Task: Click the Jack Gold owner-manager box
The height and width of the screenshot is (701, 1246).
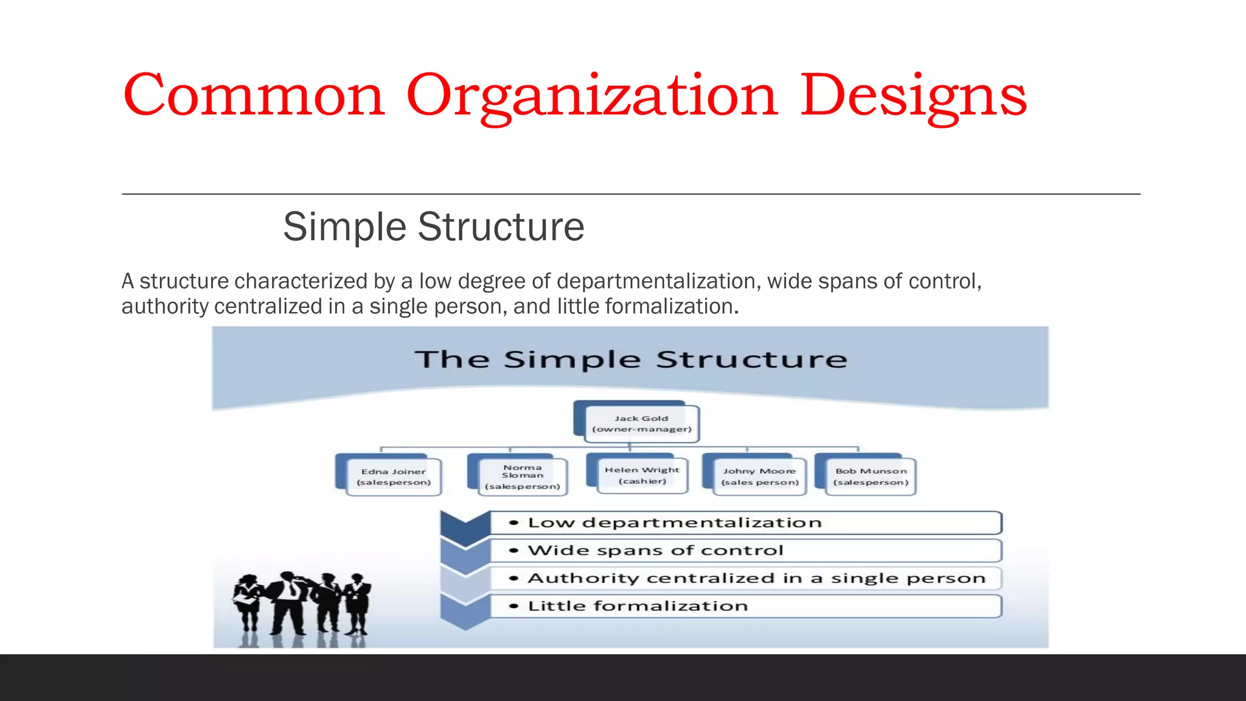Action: (641, 424)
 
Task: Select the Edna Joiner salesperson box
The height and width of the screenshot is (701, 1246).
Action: (393, 476)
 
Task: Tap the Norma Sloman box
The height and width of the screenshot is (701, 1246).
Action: (522, 476)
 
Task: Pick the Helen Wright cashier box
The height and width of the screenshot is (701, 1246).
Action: (642, 475)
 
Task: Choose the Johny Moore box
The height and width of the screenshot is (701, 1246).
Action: (759, 476)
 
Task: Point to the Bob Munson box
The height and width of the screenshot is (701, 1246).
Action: (871, 476)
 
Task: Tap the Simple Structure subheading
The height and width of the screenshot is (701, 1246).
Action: (433, 226)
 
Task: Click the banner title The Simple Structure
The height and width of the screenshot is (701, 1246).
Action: (630, 359)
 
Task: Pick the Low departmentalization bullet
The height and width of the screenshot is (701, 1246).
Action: (674, 523)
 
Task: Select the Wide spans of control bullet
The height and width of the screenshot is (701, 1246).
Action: (655, 551)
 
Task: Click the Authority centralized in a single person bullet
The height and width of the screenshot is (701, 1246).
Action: (756, 578)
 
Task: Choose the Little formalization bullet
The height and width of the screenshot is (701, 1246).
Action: (638, 606)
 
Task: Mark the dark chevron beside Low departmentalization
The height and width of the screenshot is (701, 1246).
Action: (465, 525)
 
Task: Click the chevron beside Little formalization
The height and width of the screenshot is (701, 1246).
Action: (465, 610)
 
